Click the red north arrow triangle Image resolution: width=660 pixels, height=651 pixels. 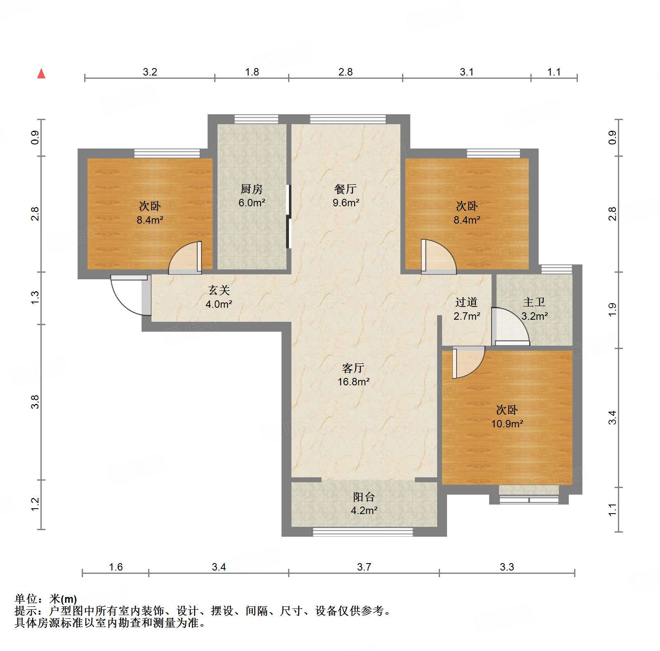(41, 74)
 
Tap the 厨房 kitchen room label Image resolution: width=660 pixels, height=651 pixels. (251, 189)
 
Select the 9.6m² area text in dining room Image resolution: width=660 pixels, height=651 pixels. (346, 203)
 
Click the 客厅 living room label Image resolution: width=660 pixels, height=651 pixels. (353, 368)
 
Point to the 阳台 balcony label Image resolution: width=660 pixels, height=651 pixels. (364, 497)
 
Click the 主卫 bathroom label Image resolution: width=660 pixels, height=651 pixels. (534, 302)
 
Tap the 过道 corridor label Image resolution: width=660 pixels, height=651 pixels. (466, 302)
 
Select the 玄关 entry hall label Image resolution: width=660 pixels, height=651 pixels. (219, 290)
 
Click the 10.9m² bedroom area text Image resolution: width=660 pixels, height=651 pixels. (507, 424)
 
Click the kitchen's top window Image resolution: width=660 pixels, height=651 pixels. (256, 119)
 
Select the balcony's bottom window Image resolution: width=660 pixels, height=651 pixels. (362, 532)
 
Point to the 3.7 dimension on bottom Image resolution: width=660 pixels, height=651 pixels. (364, 567)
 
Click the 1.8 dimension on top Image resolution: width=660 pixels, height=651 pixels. (252, 72)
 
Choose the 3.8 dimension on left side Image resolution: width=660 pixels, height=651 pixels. (35, 402)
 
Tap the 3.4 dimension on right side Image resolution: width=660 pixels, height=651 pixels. (612, 417)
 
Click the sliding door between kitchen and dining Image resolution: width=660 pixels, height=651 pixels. (289, 217)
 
